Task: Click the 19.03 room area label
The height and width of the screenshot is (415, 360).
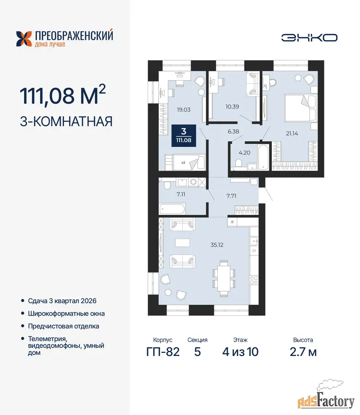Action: tap(184, 110)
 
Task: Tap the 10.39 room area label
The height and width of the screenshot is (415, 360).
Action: tap(232, 107)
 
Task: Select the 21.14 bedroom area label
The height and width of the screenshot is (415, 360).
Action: tap(292, 134)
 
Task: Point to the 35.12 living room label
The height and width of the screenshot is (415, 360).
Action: tap(217, 245)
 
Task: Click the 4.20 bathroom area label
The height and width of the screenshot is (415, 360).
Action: tap(244, 153)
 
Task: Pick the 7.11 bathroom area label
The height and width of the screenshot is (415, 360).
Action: tap(181, 194)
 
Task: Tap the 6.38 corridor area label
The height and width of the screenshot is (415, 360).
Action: tap(234, 131)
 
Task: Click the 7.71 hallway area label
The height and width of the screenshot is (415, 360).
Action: tap(231, 196)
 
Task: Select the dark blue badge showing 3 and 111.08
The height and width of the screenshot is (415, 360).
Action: tap(184, 136)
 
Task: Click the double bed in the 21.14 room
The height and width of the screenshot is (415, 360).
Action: tap(301, 108)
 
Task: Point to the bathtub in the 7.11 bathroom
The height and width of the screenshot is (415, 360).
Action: tap(172, 208)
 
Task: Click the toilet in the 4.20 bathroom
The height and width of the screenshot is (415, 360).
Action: tap(239, 163)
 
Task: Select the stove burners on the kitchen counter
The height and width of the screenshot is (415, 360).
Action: tap(254, 280)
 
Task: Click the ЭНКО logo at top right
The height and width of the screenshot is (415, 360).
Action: tap(309, 38)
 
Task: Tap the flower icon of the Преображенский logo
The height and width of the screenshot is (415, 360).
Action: tap(24, 39)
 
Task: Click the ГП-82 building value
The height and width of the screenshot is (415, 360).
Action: tap(163, 352)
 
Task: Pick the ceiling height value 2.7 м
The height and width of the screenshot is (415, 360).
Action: tap(303, 352)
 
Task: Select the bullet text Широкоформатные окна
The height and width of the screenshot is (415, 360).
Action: tap(66, 314)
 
